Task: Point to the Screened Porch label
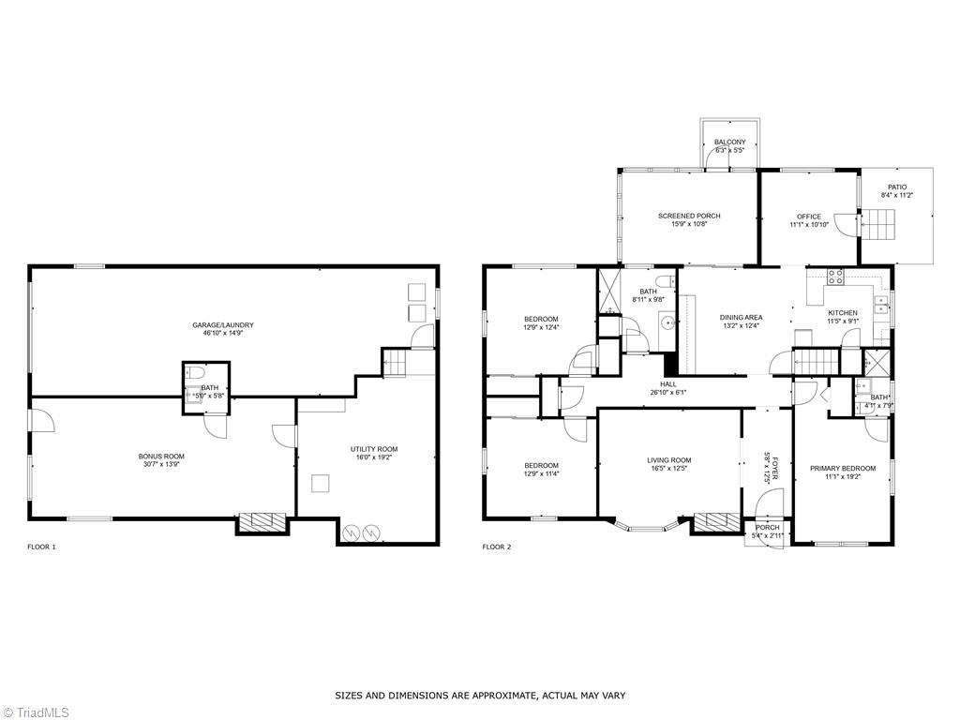pyautogui.click(x=689, y=217)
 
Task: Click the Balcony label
pyautogui.click(x=729, y=142)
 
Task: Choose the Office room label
pyautogui.click(x=809, y=217)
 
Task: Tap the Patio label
pyautogui.click(x=897, y=187)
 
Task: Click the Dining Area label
pyautogui.click(x=742, y=318)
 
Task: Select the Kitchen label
pyautogui.click(x=843, y=312)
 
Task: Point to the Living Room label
pyautogui.click(x=668, y=460)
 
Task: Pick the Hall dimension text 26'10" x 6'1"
pyautogui.click(x=668, y=393)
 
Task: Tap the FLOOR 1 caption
pyautogui.click(x=41, y=547)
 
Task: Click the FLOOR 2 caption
pyautogui.click(x=496, y=547)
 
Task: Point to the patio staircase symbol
pyautogui.click(x=878, y=225)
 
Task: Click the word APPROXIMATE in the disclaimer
pyautogui.click(x=506, y=696)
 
